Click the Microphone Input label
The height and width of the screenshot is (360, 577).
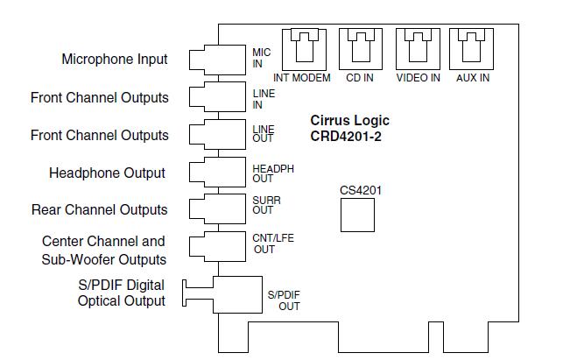pos(114,60)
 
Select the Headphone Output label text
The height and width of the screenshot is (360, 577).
pos(107,173)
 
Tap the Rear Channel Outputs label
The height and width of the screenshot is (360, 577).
pos(99,210)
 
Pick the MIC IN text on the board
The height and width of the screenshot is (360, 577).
pos(262,58)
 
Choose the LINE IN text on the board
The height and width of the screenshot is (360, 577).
pos(264,99)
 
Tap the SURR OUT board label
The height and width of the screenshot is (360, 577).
pos(266,205)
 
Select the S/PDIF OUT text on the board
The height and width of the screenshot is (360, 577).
pos(283,300)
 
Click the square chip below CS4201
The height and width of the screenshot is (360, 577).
pos(357,215)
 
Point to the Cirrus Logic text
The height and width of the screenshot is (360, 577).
pos(350,121)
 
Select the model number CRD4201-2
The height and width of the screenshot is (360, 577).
pos(348,136)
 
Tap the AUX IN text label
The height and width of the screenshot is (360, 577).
pos(473,78)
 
